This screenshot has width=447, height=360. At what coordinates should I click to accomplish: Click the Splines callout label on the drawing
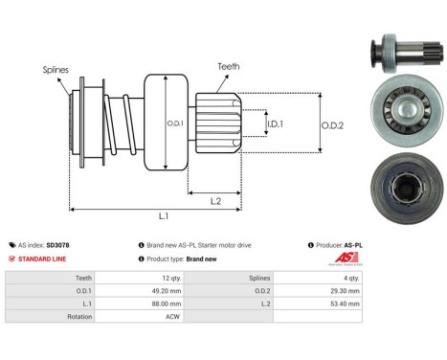tap(55, 69)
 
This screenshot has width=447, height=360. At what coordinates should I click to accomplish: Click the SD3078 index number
tap(60, 245)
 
